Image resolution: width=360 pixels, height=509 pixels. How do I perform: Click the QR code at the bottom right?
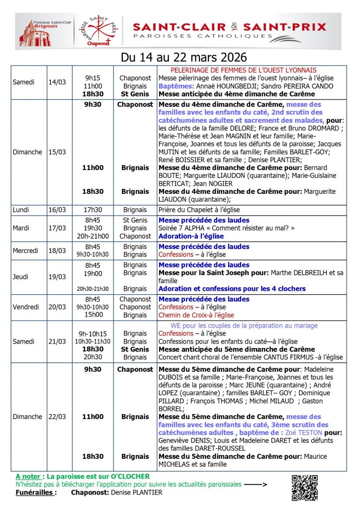pyautogui.click(x=304, y=488)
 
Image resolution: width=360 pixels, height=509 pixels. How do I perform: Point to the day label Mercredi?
pyautogui.click(x=25, y=251)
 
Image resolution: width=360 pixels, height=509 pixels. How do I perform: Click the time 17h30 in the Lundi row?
pyautogui.click(x=93, y=210)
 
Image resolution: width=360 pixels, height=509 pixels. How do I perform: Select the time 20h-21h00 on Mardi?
pyautogui.click(x=93, y=236)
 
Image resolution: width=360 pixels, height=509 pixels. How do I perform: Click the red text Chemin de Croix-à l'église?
pyautogui.click(x=196, y=315)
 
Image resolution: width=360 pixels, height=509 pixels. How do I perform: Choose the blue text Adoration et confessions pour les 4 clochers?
pyautogui.click(x=232, y=289)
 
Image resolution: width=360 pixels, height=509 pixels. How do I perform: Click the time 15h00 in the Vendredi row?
pyautogui.click(x=93, y=315)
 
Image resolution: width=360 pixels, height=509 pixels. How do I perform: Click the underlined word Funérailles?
pyautogui.click(x=35, y=493)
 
